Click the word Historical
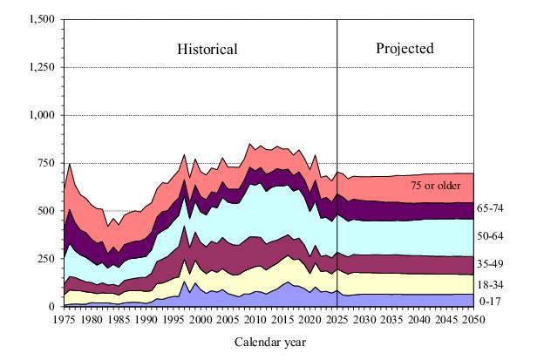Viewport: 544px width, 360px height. pyautogui.click(x=207, y=49)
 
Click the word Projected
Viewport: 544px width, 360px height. pyautogui.click(x=405, y=49)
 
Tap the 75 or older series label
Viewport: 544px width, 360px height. pyautogui.click(x=436, y=186)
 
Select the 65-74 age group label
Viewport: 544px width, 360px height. pyautogui.click(x=490, y=208)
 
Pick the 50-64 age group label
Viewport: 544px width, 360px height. pyautogui.click(x=490, y=236)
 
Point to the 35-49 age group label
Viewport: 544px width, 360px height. pyautogui.click(x=490, y=263)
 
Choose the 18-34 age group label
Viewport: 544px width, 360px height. pyautogui.click(x=490, y=285)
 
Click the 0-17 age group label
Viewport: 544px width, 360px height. pyautogui.click(x=490, y=302)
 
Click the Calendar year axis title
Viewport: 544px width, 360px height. pyautogui.click(x=270, y=343)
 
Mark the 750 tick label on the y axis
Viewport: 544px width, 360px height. pyautogui.click(x=47, y=163)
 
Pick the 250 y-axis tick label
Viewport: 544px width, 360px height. pyautogui.click(x=47, y=259)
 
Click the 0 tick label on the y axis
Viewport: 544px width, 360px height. pyautogui.click(x=52, y=307)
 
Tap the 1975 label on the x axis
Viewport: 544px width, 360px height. pyautogui.click(x=65, y=319)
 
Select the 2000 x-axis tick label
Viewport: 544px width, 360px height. pyautogui.click(x=201, y=319)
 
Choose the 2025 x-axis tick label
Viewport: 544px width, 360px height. pyautogui.click(x=337, y=319)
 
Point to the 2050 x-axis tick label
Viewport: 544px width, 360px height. pyautogui.click(x=473, y=319)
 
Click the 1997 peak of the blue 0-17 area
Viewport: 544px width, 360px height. pyautogui.click(x=184, y=282)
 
